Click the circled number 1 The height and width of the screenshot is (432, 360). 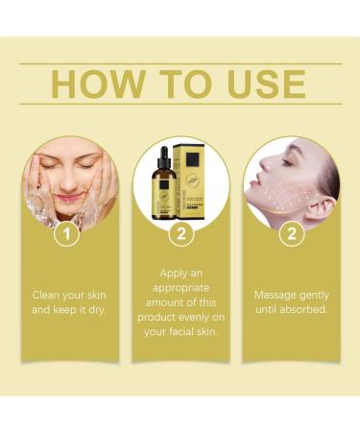click(x=65, y=232)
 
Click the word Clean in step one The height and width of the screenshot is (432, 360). click(x=49, y=295)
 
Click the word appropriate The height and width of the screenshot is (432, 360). click(x=180, y=288)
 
